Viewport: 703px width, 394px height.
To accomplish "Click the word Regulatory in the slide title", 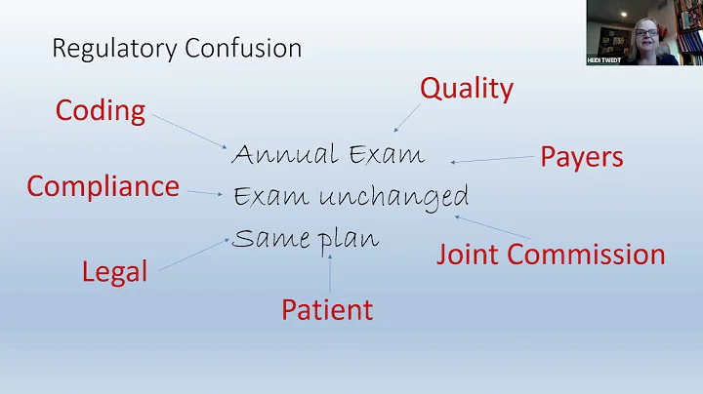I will click(107, 48).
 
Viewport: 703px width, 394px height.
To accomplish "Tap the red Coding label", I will click(101, 110).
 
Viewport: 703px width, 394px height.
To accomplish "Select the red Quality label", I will click(466, 89).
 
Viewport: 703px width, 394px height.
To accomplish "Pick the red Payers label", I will click(582, 156).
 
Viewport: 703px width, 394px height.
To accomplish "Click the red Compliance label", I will click(103, 185).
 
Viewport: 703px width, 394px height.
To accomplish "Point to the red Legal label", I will click(115, 271).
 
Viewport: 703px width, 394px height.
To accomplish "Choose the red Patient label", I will click(327, 310).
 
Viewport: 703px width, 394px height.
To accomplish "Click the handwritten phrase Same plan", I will click(305, 238).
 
